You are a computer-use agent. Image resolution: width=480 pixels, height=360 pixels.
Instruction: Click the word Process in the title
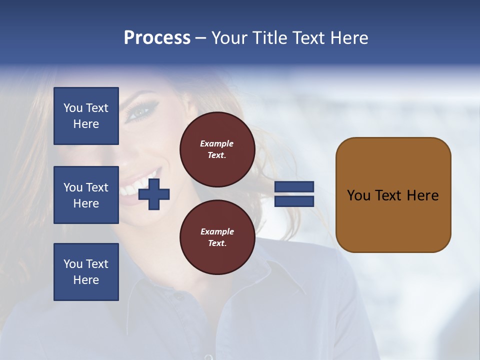[x=157, y=38]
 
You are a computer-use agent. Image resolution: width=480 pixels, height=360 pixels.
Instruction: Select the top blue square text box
[x=86, y=116]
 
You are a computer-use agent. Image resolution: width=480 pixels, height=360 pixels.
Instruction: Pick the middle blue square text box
[x=86, y=195]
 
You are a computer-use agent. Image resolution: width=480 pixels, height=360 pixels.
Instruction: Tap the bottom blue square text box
[x=86, y=272]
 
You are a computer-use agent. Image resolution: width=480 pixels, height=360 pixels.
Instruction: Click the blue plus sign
[x=154, y=194]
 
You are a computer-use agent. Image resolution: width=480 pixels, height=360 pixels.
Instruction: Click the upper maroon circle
[x=217, y=149]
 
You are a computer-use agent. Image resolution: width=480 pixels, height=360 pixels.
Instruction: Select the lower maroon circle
[x=217, y=237]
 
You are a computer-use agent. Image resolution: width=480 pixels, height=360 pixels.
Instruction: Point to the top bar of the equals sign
[x=294, y=186]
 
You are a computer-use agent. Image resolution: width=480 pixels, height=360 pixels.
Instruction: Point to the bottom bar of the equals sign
[x=294, y=201]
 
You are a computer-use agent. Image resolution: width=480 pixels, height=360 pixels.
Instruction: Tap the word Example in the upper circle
[x=217, y=143]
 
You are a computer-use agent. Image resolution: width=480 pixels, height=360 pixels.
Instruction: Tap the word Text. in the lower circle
[x=217, y=243]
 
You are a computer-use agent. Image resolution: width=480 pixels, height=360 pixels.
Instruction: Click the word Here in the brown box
[x=422, y=195]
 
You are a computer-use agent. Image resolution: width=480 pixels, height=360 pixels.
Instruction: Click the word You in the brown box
[x=358, y=195]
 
